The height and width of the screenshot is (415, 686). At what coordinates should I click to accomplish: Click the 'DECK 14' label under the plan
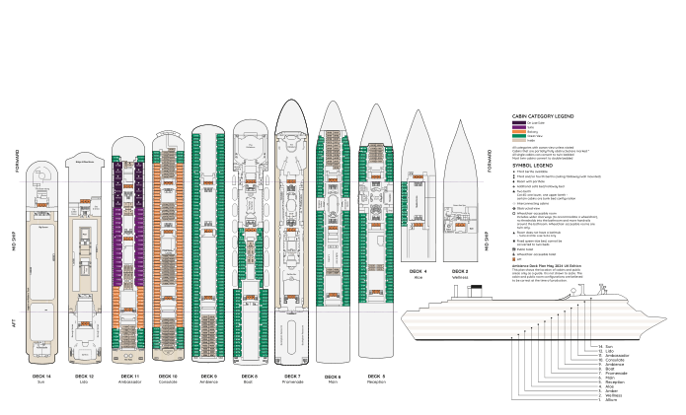41,376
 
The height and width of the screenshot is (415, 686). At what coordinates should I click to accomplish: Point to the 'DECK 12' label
84,376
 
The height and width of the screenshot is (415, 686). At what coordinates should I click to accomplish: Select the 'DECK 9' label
208,376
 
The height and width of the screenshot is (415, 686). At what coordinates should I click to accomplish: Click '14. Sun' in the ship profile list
610,347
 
